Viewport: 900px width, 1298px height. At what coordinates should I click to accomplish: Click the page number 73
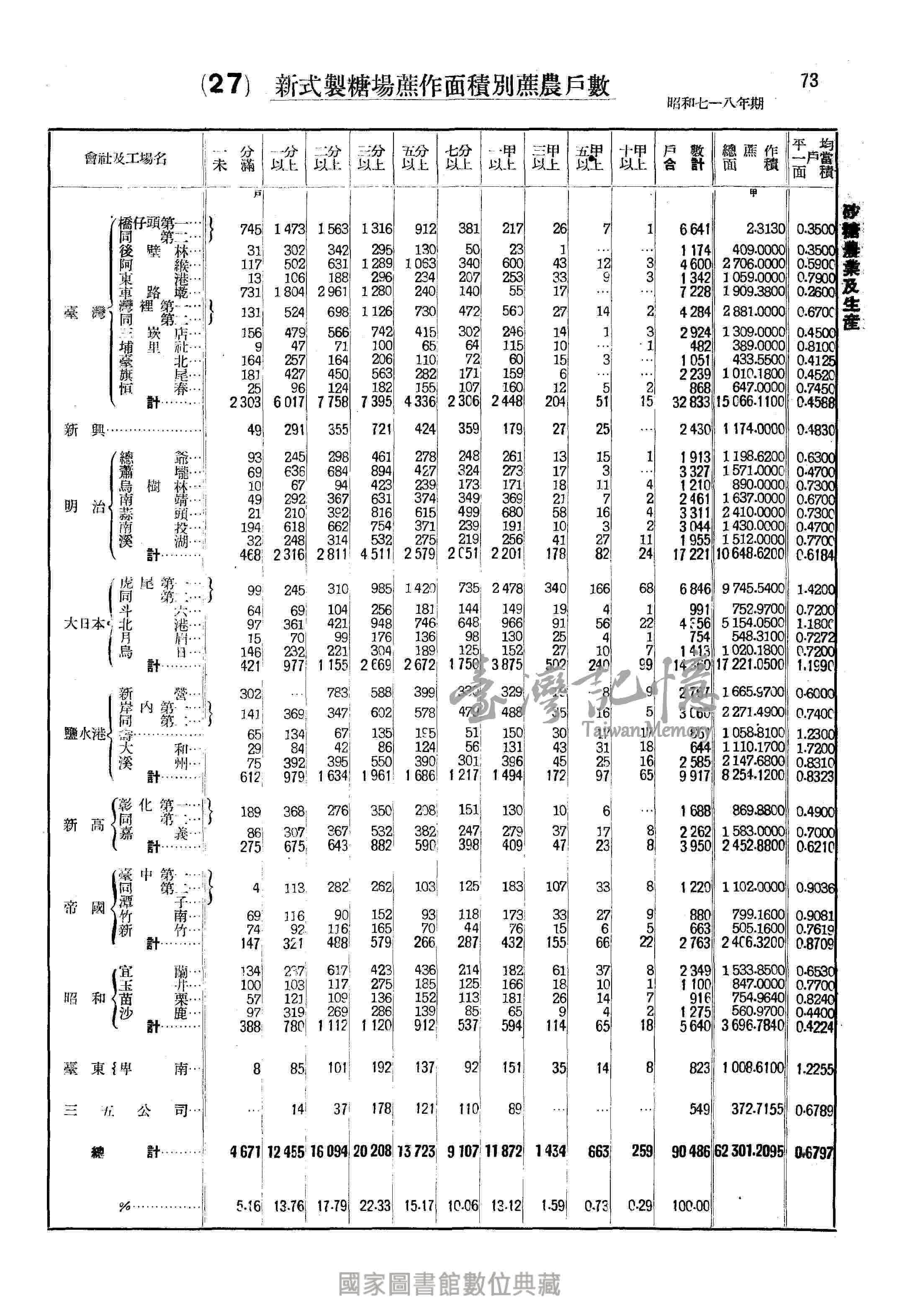(x=809, y=81)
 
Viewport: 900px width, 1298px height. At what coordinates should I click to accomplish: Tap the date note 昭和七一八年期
(x=715, y=103)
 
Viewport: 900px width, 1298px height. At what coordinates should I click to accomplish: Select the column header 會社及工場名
(x=126, y=159)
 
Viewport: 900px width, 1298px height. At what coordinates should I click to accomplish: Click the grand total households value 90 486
(x=690, y=1151)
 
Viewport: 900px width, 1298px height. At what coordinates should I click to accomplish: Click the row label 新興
(x=85, y=431)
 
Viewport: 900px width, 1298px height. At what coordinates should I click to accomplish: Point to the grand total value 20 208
(x=372, y=1151)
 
